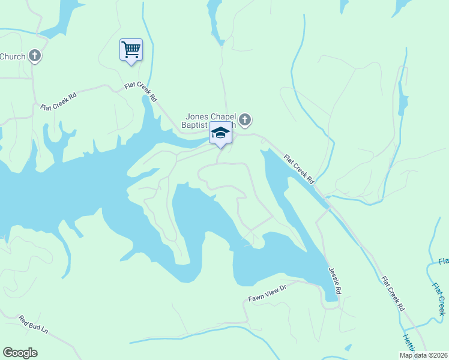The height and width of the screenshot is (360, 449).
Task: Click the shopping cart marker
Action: point(131,49)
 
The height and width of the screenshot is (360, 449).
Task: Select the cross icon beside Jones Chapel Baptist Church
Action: point(245,120)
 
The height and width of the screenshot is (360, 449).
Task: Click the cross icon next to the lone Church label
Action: point(35,56)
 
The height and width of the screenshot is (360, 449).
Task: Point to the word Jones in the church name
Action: point(197,116)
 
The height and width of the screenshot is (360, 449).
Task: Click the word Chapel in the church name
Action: point(224,116)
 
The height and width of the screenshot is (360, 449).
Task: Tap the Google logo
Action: point(20,353)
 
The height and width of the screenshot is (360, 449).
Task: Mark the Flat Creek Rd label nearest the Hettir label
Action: point(393,293)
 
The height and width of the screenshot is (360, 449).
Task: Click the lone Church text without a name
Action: point(13,57)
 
